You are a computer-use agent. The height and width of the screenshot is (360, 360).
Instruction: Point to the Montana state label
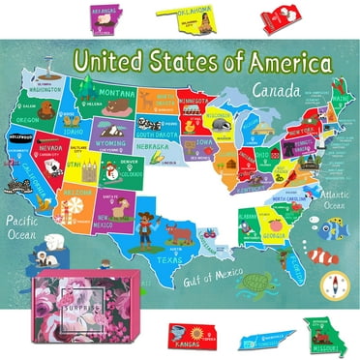tap(118, 95)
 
